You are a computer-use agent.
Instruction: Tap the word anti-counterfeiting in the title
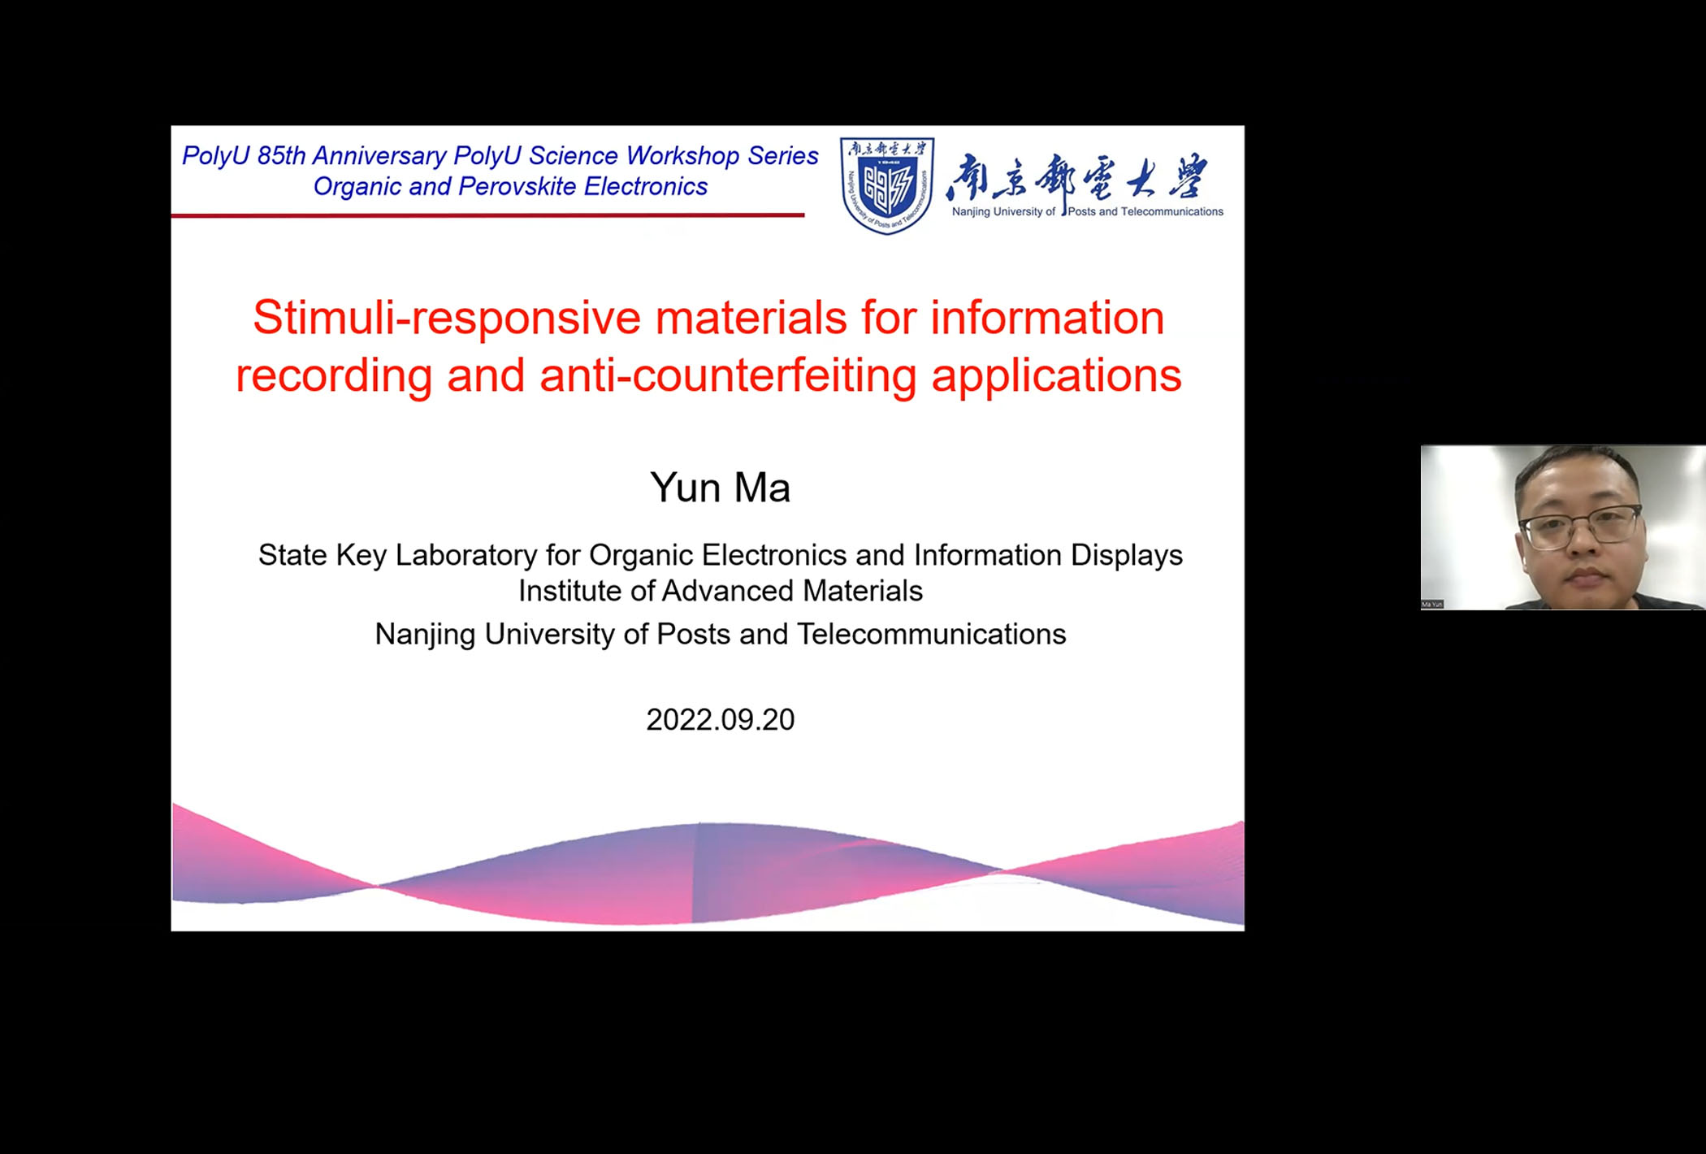coord(727,375)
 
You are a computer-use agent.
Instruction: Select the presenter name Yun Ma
coord(720,488)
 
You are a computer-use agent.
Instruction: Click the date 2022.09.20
coord(720,720)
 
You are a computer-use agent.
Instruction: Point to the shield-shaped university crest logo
coord(886,185)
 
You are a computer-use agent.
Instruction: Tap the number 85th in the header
coord(281,156)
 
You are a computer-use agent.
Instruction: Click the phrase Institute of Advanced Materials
coord(720,591)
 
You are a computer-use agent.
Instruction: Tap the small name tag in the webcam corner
coord(1432,604)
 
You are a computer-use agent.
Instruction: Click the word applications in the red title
coord(1056,375)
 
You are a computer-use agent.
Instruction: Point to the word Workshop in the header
coord(682,156)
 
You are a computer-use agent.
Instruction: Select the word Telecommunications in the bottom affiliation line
coord(931,634)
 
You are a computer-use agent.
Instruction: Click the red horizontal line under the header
coord(487,215)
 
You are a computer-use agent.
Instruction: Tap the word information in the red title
coord(1047,318)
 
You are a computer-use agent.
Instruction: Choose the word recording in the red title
coord(333,375)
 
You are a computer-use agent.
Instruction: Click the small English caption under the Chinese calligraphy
coord(1087,212)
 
